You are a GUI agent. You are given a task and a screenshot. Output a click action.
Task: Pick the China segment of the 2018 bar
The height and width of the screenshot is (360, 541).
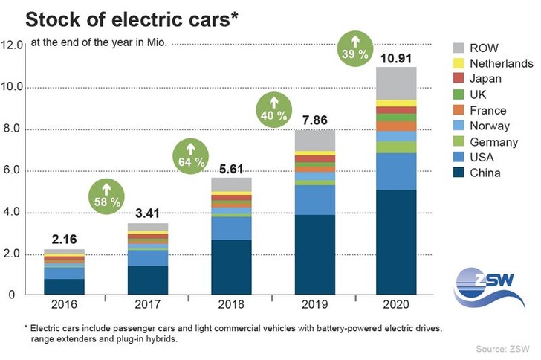[x=231, y=266]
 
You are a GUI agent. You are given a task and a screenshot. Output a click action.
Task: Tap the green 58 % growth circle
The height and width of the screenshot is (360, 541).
[x=106, y=195]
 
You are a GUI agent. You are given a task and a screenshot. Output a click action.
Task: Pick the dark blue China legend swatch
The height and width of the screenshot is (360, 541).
[x=460, y=173]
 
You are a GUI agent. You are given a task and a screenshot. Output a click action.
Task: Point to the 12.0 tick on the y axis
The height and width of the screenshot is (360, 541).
[x=13, y=45]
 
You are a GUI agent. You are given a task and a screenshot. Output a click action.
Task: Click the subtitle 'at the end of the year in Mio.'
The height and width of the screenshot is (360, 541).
[x=99, y=42]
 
